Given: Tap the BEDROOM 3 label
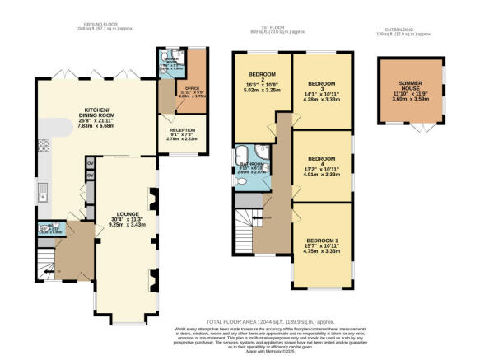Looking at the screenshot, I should point(321,84).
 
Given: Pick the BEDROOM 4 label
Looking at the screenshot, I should point(321,158).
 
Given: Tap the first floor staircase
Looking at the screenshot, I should point(248,221).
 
